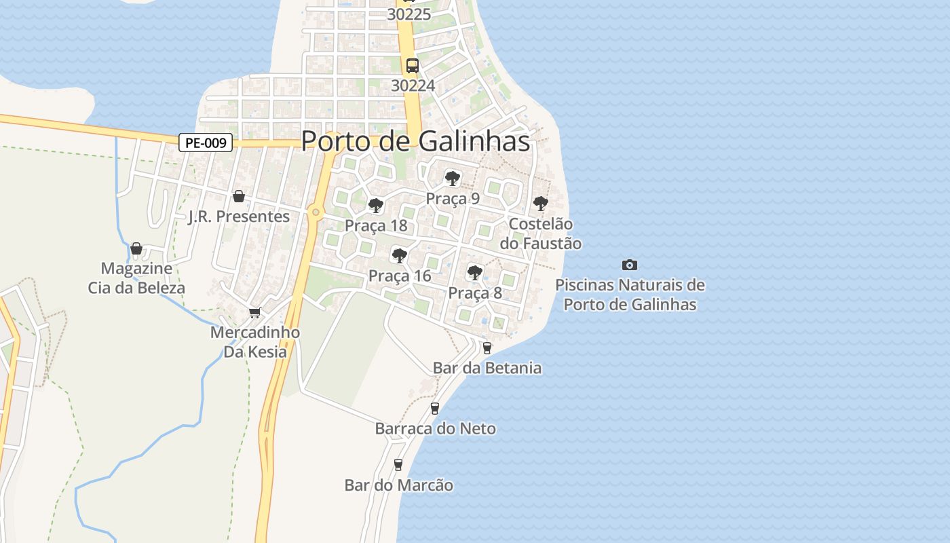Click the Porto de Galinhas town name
415,141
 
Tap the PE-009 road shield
206,143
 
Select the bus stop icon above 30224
413,66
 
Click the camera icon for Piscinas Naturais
630,265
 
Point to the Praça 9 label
453,199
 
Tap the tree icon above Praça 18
375,206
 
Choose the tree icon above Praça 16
400,256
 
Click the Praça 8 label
475,293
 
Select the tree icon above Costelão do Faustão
540,203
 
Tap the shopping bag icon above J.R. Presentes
239,196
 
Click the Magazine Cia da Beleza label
136,278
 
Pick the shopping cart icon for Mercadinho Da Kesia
254,312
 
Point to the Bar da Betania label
487,368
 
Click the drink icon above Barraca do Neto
435,408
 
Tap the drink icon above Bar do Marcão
398,465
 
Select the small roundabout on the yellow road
315,212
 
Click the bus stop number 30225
408,14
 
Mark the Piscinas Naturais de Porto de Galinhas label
630,295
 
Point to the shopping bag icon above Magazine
136,248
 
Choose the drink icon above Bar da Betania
487,348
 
